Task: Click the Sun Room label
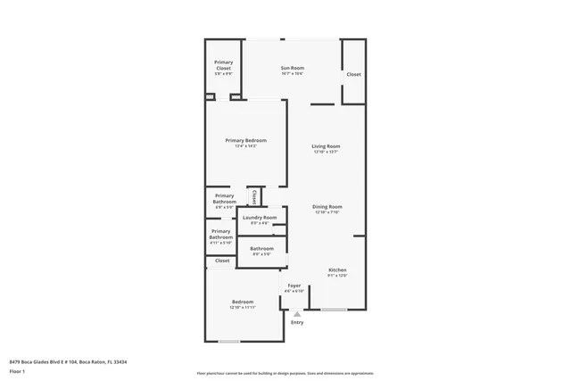[x=292, y=68]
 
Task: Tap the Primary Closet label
[x=223, y=64]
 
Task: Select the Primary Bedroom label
[x=245, y=140]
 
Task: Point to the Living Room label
[x=326, y=146]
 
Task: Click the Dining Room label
[x=328, y=206]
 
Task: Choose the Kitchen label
[x=337, y=270]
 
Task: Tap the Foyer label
[x=294, y=286]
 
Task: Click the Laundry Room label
[x=260, y=217]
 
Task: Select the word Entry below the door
[x=297, y=322]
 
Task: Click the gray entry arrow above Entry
[x=297, y=313]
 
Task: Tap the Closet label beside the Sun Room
[x=353, y=74]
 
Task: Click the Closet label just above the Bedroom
[x=222, y=261]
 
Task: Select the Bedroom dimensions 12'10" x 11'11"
[x=243, y=307]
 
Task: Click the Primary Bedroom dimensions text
[x=245, y=146]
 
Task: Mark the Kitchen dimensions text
[x=337, y=276]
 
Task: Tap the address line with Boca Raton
[x=68, y=361]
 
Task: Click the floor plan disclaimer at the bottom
[x=285, y=373]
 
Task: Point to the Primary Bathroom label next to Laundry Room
[x=221, y=235]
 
